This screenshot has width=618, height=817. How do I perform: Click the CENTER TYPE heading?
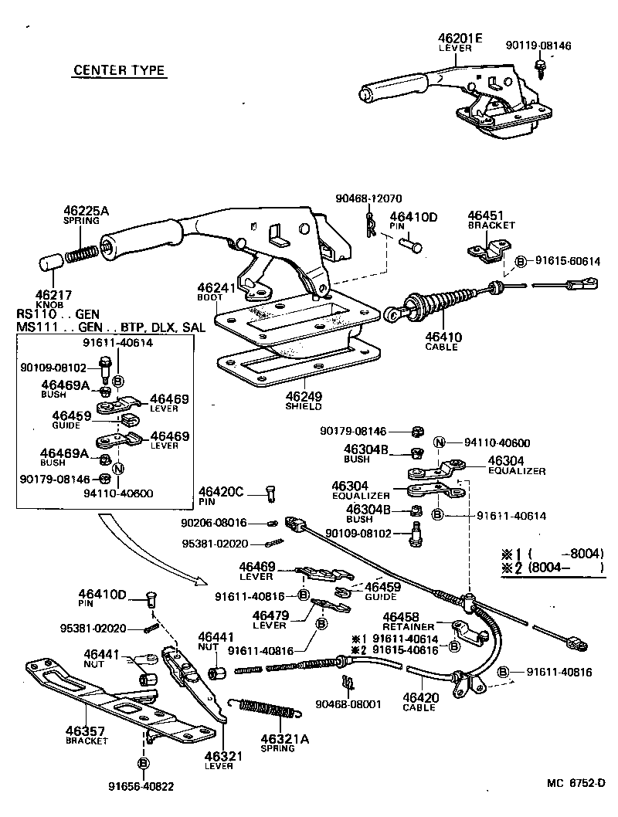119,70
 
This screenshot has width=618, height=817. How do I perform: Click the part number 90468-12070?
368,198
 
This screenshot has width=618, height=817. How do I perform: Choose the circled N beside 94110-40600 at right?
439,442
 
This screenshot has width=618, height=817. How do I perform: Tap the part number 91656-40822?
141,786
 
